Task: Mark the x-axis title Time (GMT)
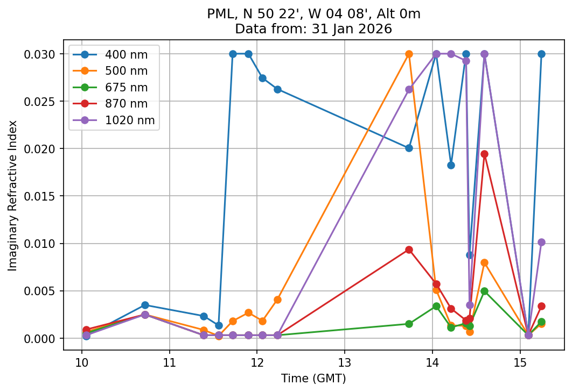pos(313,378)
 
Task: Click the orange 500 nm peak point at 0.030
pos(409,54)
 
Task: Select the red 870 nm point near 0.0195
pos(484,154)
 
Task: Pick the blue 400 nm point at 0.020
pos(409,148)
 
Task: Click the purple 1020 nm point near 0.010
pos(541,242)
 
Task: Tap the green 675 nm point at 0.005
pos(484,291)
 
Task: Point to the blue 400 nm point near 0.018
pos(451,165)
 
